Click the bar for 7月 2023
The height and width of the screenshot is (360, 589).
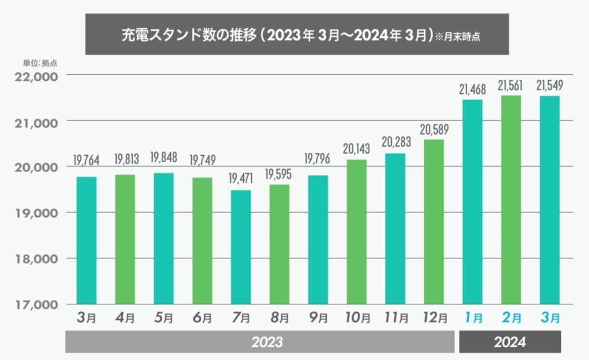click(x=241, y=247)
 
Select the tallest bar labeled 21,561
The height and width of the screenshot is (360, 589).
click(x=510, y=200)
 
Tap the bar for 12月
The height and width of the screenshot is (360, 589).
click(x=433, y=222)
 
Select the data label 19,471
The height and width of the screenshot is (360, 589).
click(x=241, y=179)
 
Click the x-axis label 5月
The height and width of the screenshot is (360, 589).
click(x=164, y=317)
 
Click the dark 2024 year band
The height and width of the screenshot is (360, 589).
click(x=510, y=342)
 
